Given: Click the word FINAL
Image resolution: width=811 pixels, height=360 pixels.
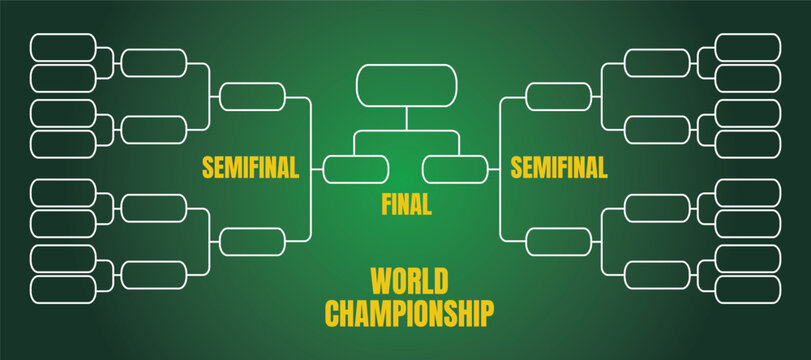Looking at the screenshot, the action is point(406,205).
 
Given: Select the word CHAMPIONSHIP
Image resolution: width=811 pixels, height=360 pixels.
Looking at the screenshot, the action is point(409,312).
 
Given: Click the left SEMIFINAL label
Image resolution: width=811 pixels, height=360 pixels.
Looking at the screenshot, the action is point(250,168).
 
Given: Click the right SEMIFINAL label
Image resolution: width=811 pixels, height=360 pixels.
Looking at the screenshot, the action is point(559,168).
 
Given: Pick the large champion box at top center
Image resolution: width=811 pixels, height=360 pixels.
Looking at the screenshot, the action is point(406,85).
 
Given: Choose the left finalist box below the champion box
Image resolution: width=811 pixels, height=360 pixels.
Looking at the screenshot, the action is point(355,169).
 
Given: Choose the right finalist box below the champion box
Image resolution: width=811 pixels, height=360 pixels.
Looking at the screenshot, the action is point(455,169).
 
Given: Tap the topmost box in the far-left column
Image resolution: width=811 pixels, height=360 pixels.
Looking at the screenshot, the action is point(63,47).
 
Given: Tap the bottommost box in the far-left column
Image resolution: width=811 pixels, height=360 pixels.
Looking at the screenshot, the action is point(63,289).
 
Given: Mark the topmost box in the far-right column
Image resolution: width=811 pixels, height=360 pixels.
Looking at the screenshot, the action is point(748,47).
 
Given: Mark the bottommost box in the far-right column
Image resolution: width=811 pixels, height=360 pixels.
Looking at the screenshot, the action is point(748,289).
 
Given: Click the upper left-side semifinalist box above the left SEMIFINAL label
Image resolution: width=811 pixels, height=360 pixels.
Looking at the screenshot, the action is point(252,97).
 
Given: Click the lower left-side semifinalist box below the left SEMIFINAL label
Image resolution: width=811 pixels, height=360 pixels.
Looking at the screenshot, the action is point(252,241).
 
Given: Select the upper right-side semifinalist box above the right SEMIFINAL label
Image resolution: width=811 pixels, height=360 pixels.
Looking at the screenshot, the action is point(558,97).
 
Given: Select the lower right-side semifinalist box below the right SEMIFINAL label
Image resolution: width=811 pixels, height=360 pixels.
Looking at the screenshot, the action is point(558,241).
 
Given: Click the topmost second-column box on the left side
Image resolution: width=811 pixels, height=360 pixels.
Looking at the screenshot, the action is point(154,62).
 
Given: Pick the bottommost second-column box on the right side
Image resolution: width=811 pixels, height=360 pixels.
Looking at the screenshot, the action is point(657,273).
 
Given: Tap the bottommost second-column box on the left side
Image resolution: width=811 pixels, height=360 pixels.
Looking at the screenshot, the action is point(154,273).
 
